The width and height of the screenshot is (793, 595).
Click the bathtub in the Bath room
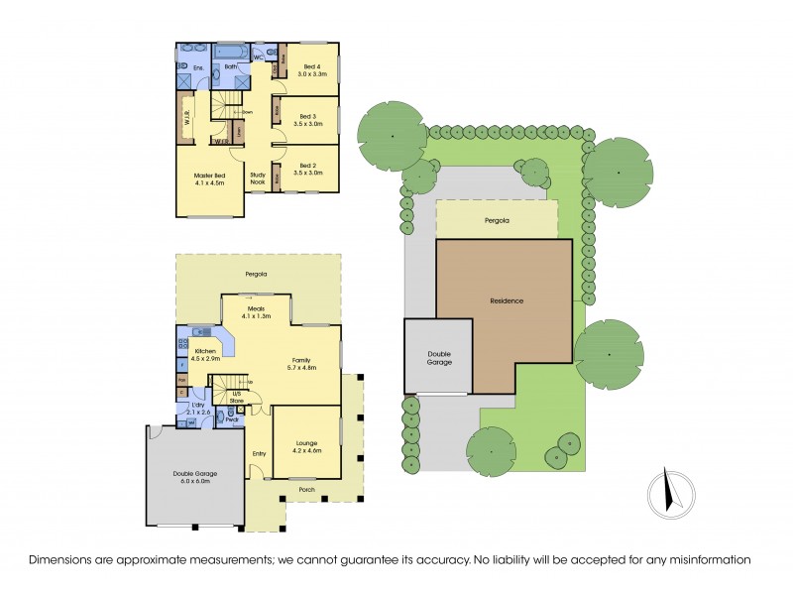231,51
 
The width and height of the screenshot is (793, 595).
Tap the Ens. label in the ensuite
198,67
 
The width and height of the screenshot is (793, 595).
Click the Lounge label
306,443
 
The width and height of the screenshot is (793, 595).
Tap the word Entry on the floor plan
259,454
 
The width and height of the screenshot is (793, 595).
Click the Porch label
306,489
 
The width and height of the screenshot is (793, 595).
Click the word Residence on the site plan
506,300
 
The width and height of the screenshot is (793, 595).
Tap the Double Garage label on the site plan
439,358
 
